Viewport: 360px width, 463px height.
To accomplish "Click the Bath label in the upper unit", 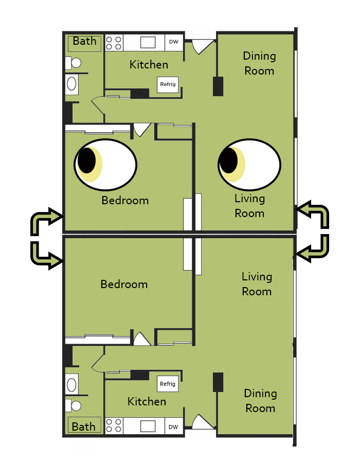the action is (x=84, y=41).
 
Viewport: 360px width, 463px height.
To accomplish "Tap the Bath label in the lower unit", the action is (x=83, y=426).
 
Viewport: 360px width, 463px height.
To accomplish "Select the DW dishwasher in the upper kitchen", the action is (x=174, y=42).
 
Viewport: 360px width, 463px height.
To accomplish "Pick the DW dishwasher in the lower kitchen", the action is (x=173, y=427).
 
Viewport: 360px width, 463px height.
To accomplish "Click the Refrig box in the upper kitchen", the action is (x=168, y=84).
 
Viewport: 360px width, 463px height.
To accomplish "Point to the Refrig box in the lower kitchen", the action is (x=168, y=384).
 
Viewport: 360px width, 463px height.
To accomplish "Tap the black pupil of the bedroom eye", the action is (x=86, y=161).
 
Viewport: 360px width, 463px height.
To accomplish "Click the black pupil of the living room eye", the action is (x=229, y=161).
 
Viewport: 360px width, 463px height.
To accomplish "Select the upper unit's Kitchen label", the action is (x=149, y=65).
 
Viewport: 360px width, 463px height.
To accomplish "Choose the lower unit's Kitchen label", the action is (x=147, y=402).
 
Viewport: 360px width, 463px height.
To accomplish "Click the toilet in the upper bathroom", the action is (x=73, y=63).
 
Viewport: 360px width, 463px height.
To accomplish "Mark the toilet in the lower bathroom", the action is (x=73, y=406).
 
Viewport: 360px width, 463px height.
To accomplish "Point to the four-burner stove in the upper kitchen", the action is (x=114, y=43).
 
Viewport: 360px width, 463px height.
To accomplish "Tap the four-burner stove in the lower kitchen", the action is (x=114, y=426).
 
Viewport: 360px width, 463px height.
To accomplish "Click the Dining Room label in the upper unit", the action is (x=259, y=63).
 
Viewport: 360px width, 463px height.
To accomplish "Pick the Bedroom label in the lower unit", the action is (x=124, y=284).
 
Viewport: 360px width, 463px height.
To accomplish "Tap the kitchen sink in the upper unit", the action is (x=148, y=43).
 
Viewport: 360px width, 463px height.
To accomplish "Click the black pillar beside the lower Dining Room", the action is (x=218, y=382).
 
